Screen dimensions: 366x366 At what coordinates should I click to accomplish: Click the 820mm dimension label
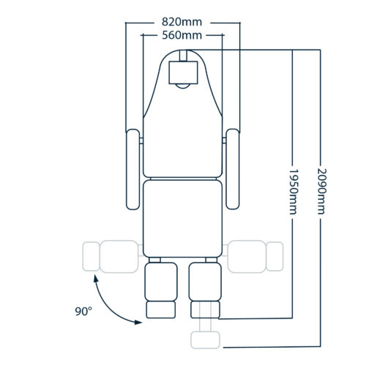182,22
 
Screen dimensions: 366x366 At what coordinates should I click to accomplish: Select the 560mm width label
182,36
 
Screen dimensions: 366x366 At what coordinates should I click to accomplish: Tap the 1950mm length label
293,192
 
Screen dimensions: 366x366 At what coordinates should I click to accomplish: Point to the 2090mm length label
321,191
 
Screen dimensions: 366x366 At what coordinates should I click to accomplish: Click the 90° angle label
83,311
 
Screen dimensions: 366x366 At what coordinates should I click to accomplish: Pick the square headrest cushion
183,72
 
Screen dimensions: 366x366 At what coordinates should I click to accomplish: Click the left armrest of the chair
133,169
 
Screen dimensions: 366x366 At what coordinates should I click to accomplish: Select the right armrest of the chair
233,169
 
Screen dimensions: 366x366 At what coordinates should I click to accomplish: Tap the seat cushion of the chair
183,219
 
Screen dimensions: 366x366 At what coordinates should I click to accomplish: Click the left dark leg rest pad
161,282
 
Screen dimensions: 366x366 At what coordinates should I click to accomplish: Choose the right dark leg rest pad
205,282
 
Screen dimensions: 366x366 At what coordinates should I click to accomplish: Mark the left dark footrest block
161,310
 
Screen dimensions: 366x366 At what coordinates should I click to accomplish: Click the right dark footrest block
205,310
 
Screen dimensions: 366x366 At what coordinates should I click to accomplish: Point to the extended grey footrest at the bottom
205,340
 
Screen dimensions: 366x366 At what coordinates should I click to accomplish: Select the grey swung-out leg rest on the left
111,256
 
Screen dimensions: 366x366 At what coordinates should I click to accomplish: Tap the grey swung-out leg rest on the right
255,256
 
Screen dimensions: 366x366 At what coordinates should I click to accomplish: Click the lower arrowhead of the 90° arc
138,322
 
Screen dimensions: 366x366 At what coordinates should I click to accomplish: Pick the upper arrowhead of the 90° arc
96,279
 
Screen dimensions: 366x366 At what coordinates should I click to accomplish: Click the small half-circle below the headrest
183,86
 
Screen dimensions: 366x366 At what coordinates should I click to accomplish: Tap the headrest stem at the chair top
183,56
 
